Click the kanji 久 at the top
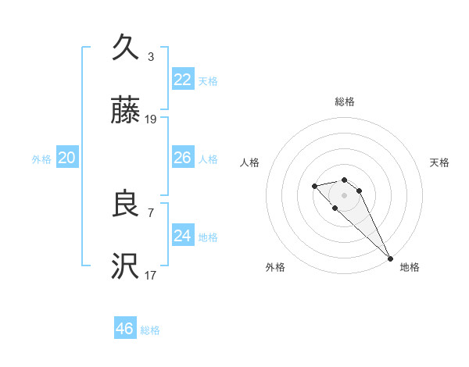pyautogui.click(x=125, y=48)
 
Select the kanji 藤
pyautogui.click(x=125, y=111)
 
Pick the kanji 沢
pyautogui.click(x=125, y=267)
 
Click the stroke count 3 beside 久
pyautogui.click(x=151, y=57)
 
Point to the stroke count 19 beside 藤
pyautogui.click(x=151, y=119)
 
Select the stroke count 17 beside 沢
pyautogui.click(x=151, y=275)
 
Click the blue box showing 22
pyautogui.click(x=183, y=80)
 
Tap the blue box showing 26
pyautogui.click(x=183, y=158)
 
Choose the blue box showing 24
pyautogui.click(x=183, y=236)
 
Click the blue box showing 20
pyautogui.click(x=67, y=158)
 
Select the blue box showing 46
pyautogui.click(x=125, y=329)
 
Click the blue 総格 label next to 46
pyautogui.click(x=150, y=330)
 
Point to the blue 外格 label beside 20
pyautogui.click(x=41, y=159)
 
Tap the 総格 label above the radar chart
pyautogui.click(x=345, y=102)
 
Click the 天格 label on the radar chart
pyautogui.click(x=440, y=162)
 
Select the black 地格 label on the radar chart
pyautogui.click(x=410, y=267)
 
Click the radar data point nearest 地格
pyautogui.click(x=390, y=258)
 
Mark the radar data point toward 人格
pyautogui.click(x=314, y=186)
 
